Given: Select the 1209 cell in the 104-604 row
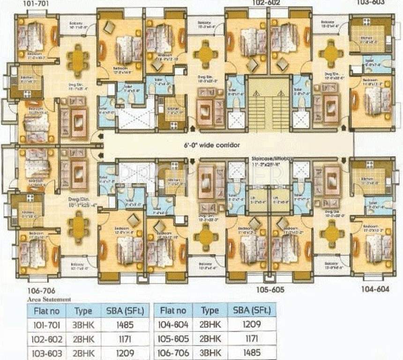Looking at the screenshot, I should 252,324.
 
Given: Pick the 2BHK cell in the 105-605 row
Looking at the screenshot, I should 209,338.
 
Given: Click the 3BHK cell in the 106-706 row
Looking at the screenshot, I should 209,353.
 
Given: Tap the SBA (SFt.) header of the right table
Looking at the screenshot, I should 252,310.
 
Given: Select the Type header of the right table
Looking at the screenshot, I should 209,310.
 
